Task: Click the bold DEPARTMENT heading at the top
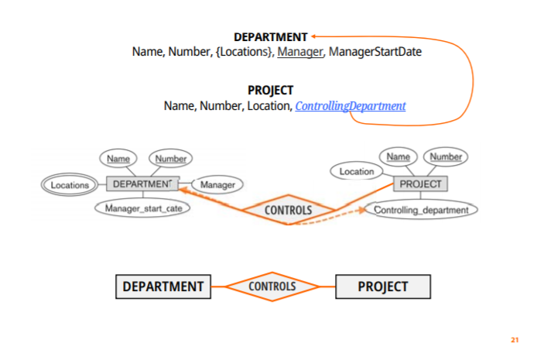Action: pyautogui.click(x=270, y=36)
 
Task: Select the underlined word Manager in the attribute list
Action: pyautogui.click(x=299, y=53)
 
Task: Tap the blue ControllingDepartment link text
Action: pyautogui.click(x=350, y=106)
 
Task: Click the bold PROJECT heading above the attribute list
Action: pyautogui.click(x=270, y=90)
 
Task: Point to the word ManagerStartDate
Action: pyautogui.click(x=374, y=53)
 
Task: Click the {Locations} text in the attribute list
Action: pyautogui.click(x=244, y=53)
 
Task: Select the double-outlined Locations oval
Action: pyautogui.click(x=70, y=185)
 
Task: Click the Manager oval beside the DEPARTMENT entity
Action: pyautogui.click(x=217, y=185)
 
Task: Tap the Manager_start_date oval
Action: pyautogui.click(x=143, y=208)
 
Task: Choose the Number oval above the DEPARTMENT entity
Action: pyautogui.click(x=170, y=159)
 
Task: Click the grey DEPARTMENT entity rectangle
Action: pyautogui.click(x=141, y=184)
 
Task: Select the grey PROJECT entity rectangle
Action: pyautogui.click(x=420, y=183)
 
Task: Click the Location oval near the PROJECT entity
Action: pyautogui.click(x=357, y=171)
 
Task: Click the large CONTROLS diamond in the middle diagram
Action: pyautogui.click(x=288, y=210)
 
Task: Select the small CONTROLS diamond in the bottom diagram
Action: pyautogui.click(x=272, y=286)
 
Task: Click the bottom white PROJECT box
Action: pyautogui.click(x=382, y=286)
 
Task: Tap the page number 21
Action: pyautogui.click(x=515, y=339)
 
